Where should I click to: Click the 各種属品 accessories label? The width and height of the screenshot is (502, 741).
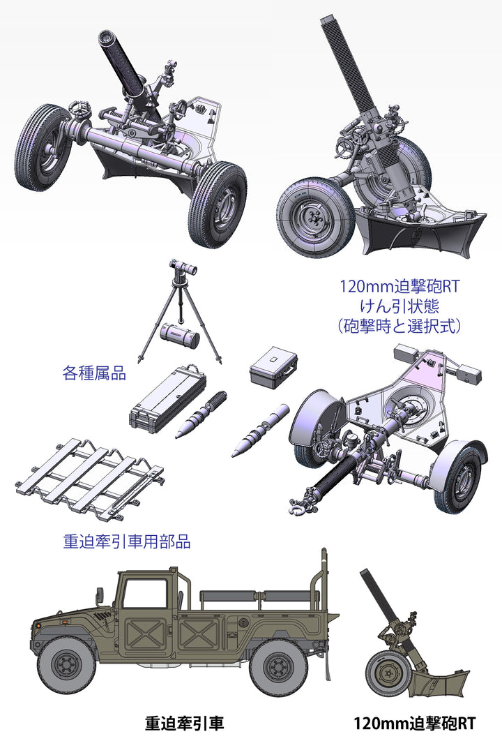[94, 373]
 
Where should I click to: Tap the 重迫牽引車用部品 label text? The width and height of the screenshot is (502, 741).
[127, 541]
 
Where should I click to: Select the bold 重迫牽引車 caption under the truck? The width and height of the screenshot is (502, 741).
[184, 723]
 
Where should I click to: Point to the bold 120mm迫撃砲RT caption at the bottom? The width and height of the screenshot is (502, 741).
[415, 723]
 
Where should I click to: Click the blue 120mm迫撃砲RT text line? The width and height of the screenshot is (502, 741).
[399, 286]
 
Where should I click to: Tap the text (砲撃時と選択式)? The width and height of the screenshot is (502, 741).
[399, 326]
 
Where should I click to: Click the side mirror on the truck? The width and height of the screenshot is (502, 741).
[100, 595]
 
